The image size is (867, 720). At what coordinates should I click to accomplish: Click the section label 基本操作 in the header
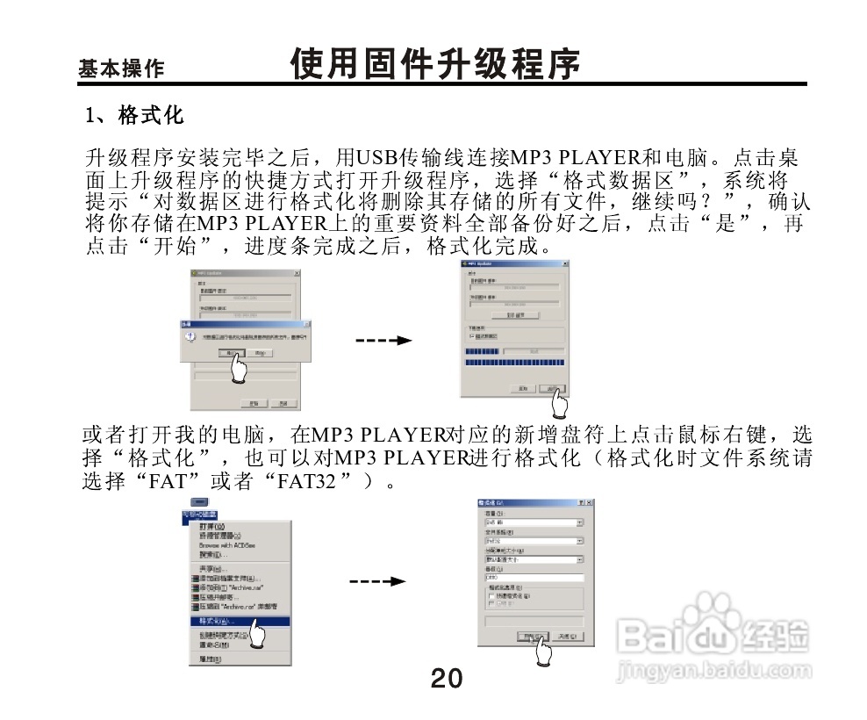121,68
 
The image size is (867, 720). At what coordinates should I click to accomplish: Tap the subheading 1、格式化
133,115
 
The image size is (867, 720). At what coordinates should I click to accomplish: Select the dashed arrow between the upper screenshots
383,340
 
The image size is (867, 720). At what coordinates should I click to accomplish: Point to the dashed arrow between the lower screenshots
377,581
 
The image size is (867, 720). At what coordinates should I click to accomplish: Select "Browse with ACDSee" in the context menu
226,545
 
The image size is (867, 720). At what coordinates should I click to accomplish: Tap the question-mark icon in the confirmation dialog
188,337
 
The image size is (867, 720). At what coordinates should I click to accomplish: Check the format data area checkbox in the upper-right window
473,335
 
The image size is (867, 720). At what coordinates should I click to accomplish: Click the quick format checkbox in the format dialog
491,595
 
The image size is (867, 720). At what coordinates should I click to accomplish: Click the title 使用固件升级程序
435,63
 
